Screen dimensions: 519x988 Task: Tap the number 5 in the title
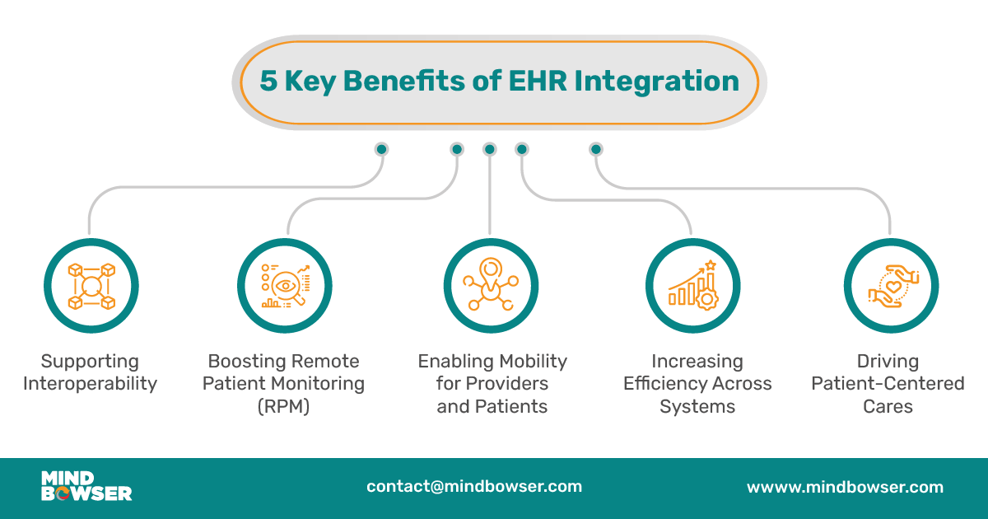pos(268,82)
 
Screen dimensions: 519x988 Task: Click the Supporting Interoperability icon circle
pos(90,285)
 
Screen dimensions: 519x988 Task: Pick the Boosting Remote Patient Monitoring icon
pos(285,285)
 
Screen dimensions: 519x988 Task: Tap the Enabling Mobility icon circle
pos(491,285)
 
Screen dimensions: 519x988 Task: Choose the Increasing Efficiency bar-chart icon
pos(692,285)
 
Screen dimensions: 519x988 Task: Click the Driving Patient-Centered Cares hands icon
pos(891,285)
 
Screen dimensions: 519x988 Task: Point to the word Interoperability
pos(90,383)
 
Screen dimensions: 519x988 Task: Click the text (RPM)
pos(285,405)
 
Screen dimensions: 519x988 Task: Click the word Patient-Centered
pos(888,383)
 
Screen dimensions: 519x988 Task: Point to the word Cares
pos(888,405)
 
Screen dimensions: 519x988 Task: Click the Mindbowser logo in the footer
pos(86,486)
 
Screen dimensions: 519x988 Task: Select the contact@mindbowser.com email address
pos(474,486)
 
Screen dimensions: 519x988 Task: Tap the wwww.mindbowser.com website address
pos(845,487)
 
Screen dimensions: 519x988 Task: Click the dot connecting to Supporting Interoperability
pos(381,149)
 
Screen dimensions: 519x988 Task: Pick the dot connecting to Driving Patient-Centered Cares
pos(596,149)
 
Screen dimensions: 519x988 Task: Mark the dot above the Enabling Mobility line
pos(490,149)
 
